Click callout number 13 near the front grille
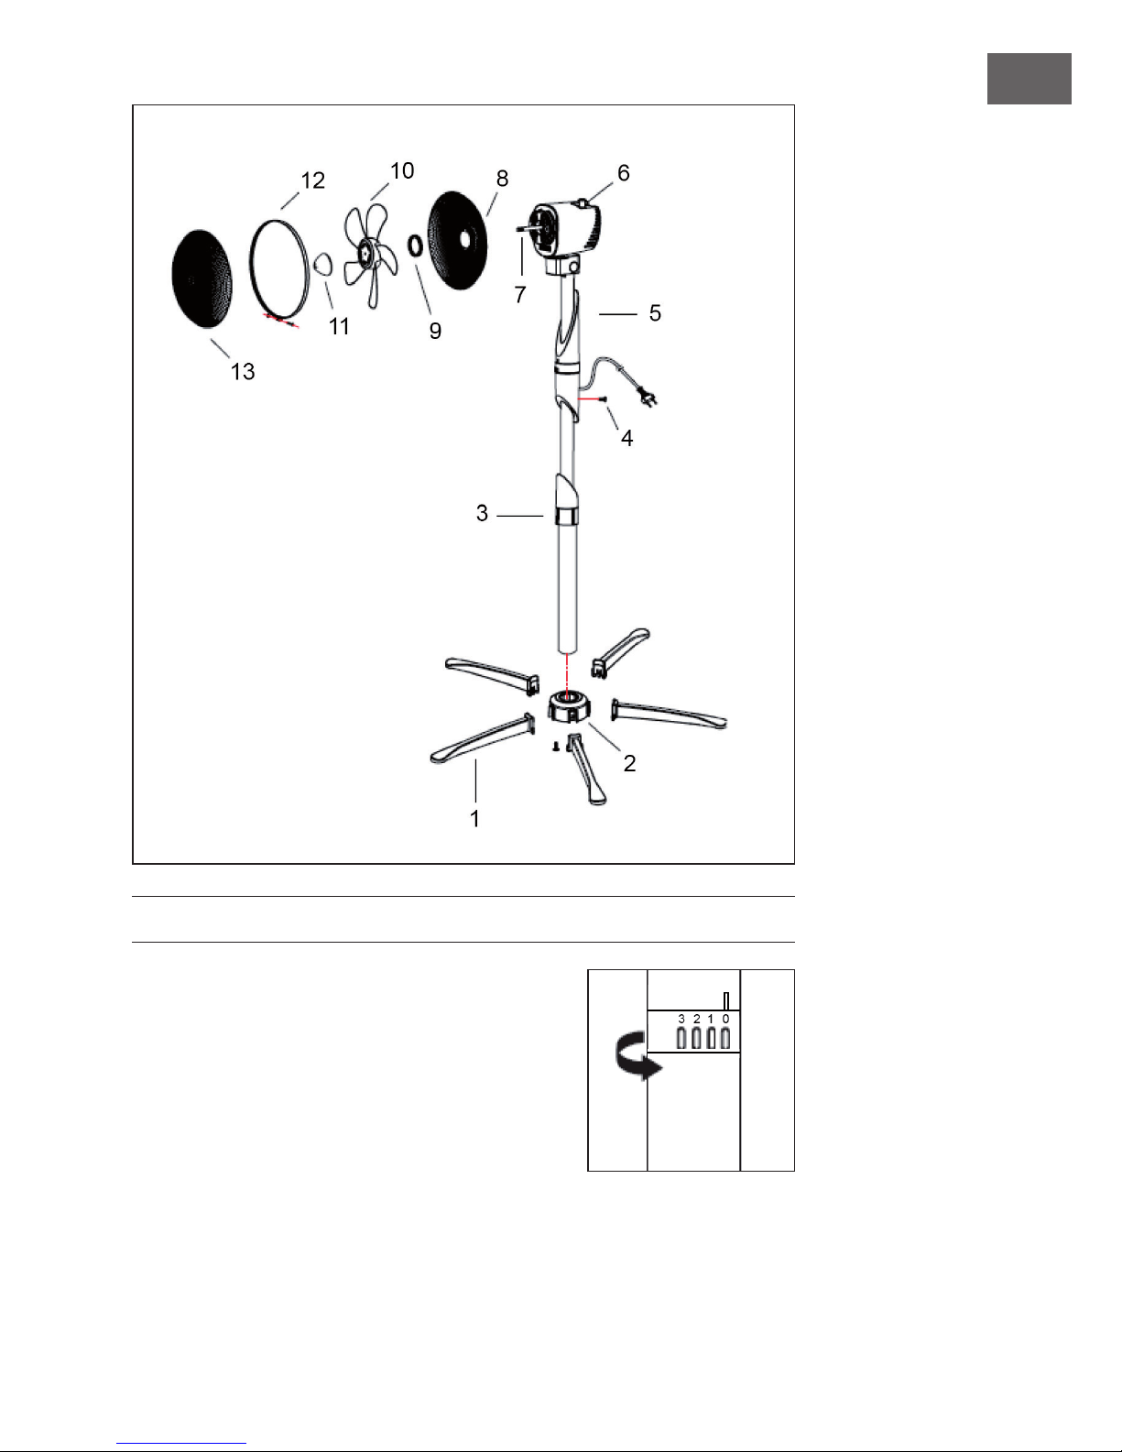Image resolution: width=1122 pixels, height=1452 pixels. [x=243, y=372]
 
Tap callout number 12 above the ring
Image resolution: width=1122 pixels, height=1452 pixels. [x=312, y=180]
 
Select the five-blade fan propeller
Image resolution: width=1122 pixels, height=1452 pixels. [x=371, y=256]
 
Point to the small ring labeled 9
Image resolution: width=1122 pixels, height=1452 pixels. [x=415, y=246]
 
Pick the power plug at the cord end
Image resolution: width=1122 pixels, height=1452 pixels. [x=648, y=397]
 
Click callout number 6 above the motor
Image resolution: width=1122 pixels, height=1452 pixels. [x=623, y=173]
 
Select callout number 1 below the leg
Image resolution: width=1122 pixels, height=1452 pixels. [x=474, y=819]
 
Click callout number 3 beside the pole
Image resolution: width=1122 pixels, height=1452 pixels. [x=482, y=513]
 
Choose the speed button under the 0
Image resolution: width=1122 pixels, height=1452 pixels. [x=725, y=1038]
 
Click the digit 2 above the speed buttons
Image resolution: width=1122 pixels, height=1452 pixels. [x=697, y=1019]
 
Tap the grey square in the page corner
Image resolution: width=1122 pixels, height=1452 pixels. [x=1029, y=79]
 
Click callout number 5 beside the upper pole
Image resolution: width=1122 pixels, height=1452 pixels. [x=655, y=312]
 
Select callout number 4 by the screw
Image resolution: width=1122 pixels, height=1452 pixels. [x=626, y=438]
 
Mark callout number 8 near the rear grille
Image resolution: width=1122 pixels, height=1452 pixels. [x=502, y=179]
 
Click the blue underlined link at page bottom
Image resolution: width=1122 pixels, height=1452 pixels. [x=181, y=1444]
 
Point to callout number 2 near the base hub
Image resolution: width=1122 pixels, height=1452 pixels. [x=629, y=763]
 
